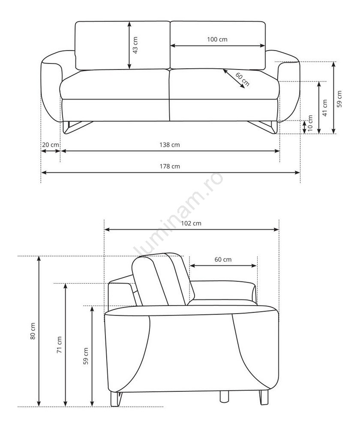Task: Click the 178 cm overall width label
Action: point(170,166)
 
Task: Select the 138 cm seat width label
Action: point(170,145)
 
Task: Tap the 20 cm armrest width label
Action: point(50,145)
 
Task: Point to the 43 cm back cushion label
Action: point(135,45)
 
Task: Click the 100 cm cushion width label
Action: point(217,39)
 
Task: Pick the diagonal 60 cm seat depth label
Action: point(243,79)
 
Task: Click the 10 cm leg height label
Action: point(310,123)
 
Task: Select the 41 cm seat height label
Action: point(325,108)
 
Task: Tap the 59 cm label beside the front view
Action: point(339,99)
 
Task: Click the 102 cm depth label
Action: point(191,223)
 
